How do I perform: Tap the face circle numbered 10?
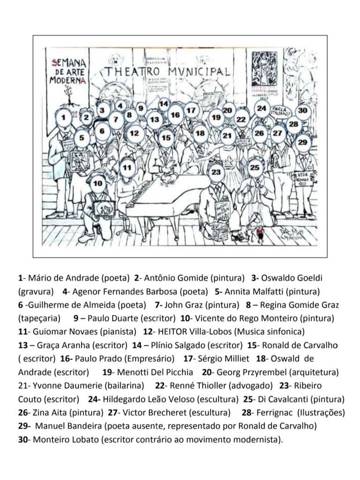click(97, 183)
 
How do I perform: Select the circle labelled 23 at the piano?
click(216, 172)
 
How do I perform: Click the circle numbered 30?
click(303, 111)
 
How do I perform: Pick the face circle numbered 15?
click(166, 138)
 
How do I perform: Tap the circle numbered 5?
click(82, 138)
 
